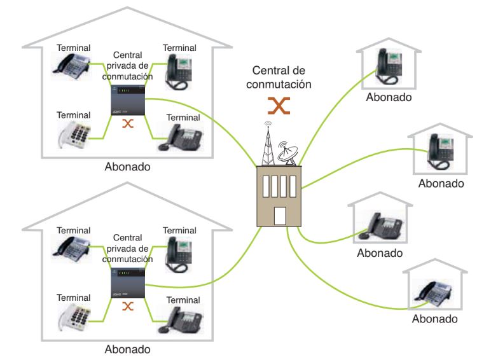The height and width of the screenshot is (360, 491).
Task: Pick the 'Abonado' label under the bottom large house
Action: [x=128, y=349]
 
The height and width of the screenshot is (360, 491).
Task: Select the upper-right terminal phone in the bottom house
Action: [x=177, y=251]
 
